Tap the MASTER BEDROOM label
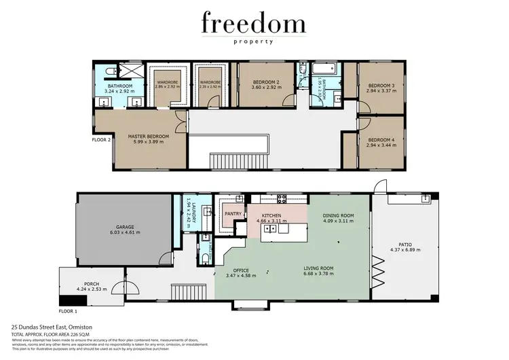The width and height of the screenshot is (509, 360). click(x=148, y=136)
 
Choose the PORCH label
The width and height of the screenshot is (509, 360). click(x=92, y=285)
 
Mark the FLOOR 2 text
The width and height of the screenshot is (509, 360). click(x=100, y=141)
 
